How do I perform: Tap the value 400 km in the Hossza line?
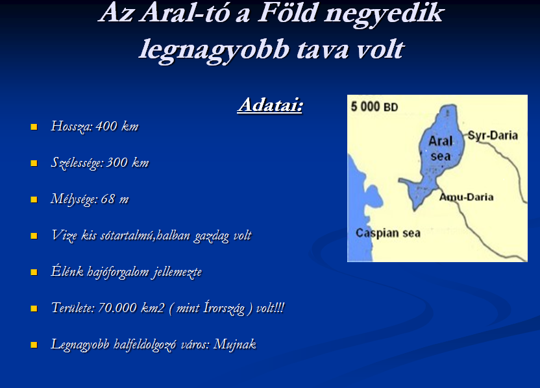click(x=117, y=127)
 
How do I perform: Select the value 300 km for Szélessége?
click(x=127, y=162)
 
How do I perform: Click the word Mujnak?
click(x=235, y=345)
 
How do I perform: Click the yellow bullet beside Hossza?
click(x=34, y=127)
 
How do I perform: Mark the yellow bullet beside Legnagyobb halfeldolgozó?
click(x=34, y=345)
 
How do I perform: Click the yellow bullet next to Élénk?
click(x=34, y=272)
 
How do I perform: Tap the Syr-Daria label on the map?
click(x=493, y=136)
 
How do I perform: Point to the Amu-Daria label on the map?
click(x=467, y=197)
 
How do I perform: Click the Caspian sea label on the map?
click(x=388, y=233)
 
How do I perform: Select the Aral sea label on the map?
click(x=441, y=149)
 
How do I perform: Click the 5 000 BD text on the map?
click(x=374, y=106)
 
